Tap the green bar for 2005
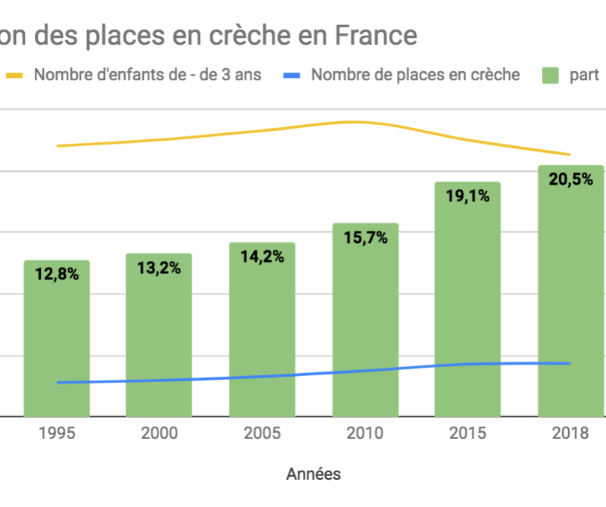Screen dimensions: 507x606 point(262,333)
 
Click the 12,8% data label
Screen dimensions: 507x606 point(57,275)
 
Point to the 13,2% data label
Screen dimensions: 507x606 point(159,268)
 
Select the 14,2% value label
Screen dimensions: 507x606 point(262,257)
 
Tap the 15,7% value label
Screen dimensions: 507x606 point(365,238)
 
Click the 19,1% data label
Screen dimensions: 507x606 point(467,196)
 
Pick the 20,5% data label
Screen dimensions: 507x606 point(570,179)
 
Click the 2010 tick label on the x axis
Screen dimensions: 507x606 point(365,434)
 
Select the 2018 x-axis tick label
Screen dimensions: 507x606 point(570,434)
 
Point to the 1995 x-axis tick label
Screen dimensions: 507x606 point(57,434)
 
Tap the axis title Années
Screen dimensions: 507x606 point(314,474)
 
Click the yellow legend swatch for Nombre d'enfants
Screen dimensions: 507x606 point(17,75)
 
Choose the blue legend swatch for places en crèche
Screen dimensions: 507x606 point(293,75)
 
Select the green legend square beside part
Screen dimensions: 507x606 point(551,75)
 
